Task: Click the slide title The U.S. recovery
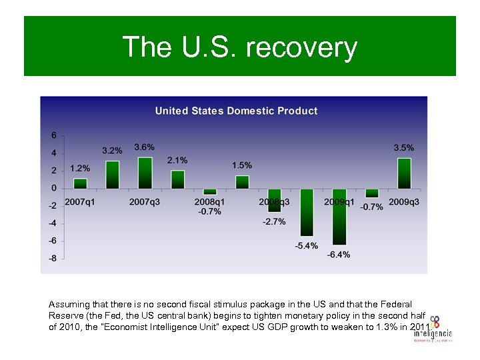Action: tap(239, 47)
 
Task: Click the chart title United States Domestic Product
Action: tap(236, 111)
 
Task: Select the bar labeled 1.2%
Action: tap(80, 183)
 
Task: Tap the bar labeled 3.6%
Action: tap(145, 173)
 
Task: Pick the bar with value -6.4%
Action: tap(339, 217)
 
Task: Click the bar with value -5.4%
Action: tap(307, 212)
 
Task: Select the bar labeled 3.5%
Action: tap(403, 173)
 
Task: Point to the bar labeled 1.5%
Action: tap(242, 182)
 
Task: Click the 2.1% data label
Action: tap(177, 160)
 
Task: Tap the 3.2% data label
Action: tap(112, 151)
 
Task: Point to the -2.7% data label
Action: tap(274, 221)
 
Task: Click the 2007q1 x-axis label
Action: tap(79, 202)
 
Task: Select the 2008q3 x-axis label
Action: tap(274, 202)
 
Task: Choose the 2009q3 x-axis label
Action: tap(404, 202)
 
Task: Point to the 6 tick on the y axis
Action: tap(54, 135)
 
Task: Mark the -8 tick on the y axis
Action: tap(53, 259)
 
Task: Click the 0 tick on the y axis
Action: tap(54, 189)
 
